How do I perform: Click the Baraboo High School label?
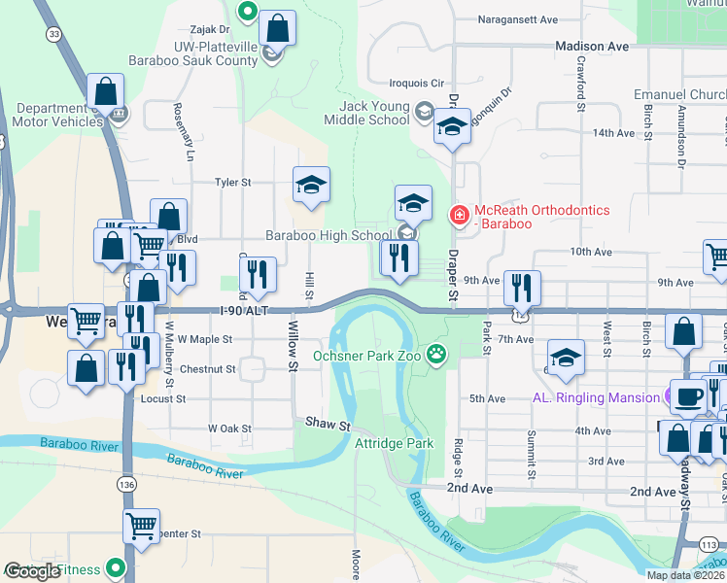(329, 234)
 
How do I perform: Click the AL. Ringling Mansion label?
(595, 397)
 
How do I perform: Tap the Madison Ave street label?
(592, 46)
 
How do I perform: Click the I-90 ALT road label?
(243, 310)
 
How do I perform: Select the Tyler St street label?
(232, 182)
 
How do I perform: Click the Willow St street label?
(291, 355)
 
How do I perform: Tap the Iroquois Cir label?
(416, 84)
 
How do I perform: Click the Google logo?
(32, 570)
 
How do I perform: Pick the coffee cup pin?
(690, 396)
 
